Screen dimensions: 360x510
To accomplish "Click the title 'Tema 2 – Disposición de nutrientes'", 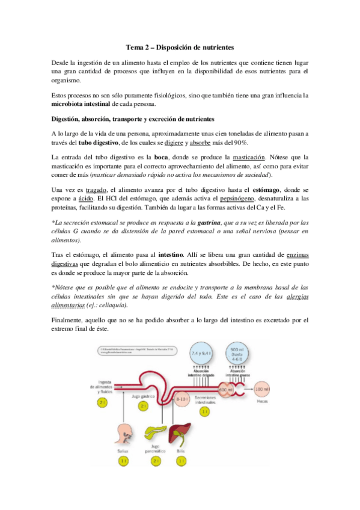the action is point(180,46).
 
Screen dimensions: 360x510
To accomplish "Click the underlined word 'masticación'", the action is point(253,158).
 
